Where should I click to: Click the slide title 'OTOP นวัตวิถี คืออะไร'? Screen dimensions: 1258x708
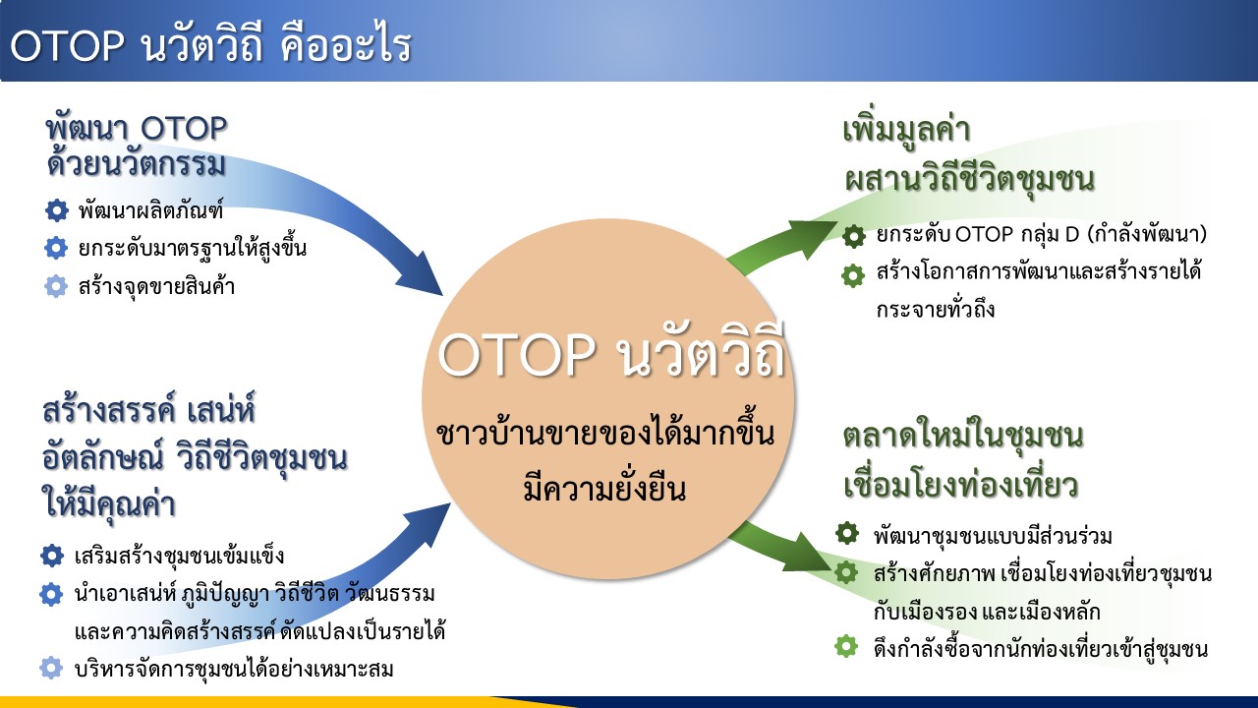(x=211, y=45)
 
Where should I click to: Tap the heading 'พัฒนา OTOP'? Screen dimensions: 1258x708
(x=137, y=129)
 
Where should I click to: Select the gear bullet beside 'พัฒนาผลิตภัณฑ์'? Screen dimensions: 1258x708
(x=56, y=210)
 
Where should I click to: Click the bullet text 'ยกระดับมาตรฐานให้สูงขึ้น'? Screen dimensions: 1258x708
(x=192, y=248)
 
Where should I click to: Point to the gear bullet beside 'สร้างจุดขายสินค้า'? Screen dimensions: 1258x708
(x=56, y=286)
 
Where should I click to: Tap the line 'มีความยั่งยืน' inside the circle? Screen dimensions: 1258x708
(x=604, y=486)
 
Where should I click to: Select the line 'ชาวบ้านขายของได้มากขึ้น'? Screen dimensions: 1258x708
(x=605, y=433)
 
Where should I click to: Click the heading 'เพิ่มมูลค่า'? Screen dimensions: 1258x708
(x=906, y=128)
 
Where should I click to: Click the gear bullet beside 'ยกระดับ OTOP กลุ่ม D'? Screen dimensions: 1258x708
(x=854, y=236)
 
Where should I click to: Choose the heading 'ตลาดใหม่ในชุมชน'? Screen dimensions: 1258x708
(x=963, y=436)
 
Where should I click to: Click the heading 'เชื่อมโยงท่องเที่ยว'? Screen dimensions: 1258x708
(x=961, y=486)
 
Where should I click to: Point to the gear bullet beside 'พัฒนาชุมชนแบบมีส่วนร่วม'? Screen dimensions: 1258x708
(x=847, y=533)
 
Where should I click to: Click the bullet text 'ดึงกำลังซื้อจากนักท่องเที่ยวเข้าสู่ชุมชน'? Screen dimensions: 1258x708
(x=1041, y=649)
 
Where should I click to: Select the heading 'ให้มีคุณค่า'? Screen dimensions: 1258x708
(x=109, y=504)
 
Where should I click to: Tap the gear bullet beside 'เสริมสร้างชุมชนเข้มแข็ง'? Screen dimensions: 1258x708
(x=52, y=556)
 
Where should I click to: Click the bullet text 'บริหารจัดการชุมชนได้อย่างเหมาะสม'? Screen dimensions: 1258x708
(x=234, y=670)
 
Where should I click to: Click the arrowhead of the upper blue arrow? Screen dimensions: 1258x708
(x=422, y=276)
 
